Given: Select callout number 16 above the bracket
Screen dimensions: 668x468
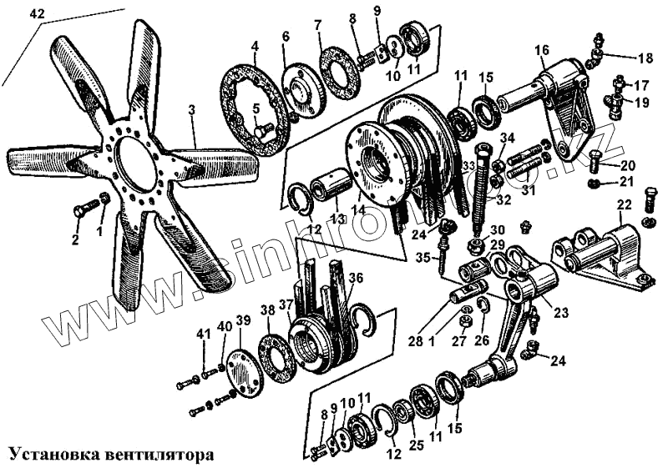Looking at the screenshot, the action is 543,50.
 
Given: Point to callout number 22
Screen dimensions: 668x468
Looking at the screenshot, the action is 625,206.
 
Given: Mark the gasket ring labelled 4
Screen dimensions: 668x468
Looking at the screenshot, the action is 255,104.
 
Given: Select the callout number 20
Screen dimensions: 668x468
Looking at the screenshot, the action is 628,164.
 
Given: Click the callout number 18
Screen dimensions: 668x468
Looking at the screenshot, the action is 645,58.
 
